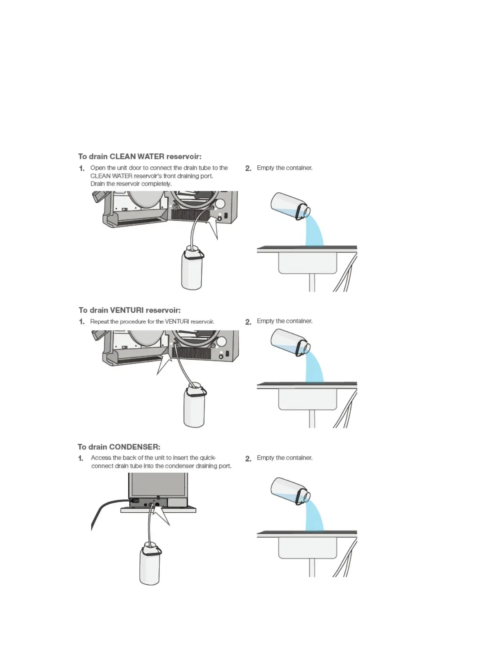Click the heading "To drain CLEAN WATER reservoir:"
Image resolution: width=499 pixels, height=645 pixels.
click(x=139, y=156)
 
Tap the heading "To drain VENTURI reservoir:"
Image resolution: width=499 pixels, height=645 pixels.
click(x=129, y=310)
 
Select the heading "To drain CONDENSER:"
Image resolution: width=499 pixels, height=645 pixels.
click(x=119, y=447)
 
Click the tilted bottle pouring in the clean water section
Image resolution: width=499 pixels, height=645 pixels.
click(x=289, y=206)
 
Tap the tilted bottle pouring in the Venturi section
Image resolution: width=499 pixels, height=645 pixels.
click(x=289, y=342)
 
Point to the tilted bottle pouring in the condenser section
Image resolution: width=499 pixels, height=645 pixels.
click(x=289, y=490)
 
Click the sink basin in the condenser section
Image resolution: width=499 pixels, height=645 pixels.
click(x=307, y=548)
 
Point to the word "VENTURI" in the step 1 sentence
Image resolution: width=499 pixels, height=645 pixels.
click(x=177, y=322)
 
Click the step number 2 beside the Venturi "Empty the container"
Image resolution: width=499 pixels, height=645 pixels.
click(x=248, y=322)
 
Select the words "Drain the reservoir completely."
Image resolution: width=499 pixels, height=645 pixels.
click(x=131, y=184)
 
